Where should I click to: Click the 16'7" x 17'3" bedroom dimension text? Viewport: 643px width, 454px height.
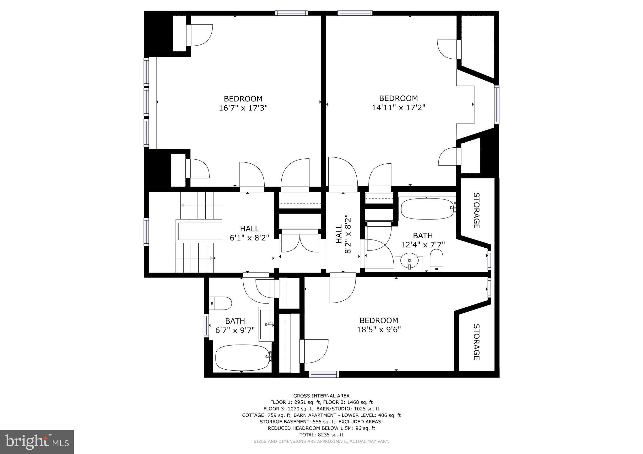pos(243,108)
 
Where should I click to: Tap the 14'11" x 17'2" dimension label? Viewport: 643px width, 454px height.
pos(398,108)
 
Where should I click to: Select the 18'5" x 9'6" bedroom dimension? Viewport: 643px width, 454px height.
pos(379,330)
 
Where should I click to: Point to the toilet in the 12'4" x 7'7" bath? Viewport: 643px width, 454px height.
pos(436,260)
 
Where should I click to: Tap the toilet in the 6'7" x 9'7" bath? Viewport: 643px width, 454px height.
pos(220,303)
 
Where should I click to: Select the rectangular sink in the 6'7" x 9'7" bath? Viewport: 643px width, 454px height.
pos(266,324)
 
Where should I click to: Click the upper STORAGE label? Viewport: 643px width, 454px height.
pos(476,210)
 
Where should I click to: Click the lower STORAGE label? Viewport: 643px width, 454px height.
pos(476,342)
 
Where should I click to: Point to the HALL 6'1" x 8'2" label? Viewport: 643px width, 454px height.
pos(250,233)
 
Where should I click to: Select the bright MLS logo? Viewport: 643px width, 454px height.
pos(37,442)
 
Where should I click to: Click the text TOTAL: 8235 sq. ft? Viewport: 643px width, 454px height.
pos(321,435)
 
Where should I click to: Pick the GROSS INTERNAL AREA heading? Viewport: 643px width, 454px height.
pos(321,396)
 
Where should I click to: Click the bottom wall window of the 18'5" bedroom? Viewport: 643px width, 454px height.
pos(324,374)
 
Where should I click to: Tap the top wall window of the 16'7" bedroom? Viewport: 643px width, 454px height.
pos(291,13)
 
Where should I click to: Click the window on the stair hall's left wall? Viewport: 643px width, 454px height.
pos(146,232)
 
